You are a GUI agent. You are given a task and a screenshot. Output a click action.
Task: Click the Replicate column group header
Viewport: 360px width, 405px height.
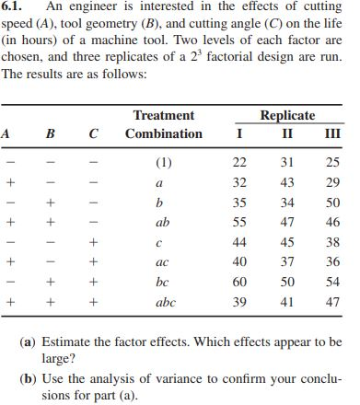(287, 116)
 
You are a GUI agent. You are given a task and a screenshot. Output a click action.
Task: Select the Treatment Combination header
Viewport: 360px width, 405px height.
(164, 125)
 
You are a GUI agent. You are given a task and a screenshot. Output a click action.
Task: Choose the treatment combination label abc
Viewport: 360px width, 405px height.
(165, 301)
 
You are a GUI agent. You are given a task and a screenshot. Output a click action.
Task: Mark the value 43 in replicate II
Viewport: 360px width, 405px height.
(287, 183)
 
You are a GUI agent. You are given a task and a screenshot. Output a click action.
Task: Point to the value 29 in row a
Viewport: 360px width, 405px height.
(335, 183)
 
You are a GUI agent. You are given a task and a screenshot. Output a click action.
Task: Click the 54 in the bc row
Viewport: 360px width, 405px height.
(335, 282)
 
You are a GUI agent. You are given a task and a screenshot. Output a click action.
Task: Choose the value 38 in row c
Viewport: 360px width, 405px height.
(335, 242)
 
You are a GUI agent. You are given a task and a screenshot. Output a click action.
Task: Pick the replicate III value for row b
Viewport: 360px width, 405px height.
(335, 203)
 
